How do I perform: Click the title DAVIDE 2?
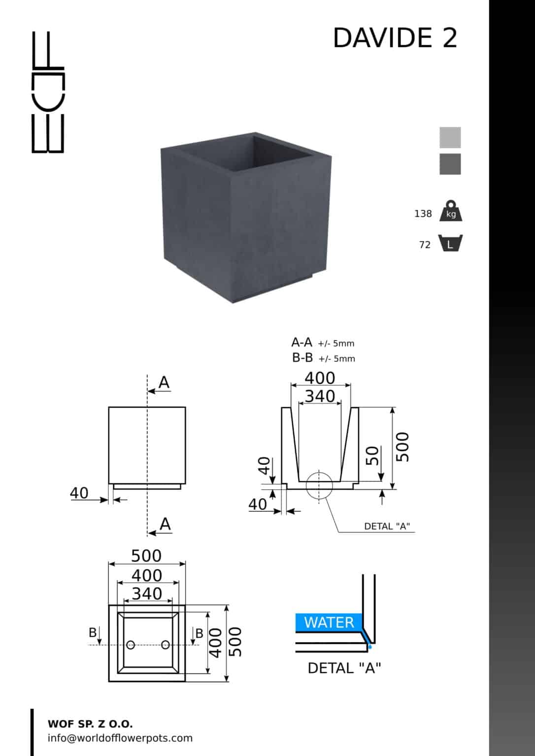pyautogui.click(x=395, y=38)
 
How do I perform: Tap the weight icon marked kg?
pyautogui.click(x=451, y=211)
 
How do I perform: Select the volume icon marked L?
pyautogui.click(x=450, y=243)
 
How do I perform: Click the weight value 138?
pyautogui.click(x=423, y=214)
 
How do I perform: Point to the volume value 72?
pyautogui.click(x=425, y=245)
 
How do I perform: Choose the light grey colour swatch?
pyautogui.click(x=450, y=137)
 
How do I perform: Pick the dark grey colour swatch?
pyautogui.click(x=450, y=164)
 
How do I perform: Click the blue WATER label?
pyautogui.click(x=329, y=622)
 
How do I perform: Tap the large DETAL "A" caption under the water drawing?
pyautogui.click(x=344, y=668)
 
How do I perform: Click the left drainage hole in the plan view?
pyautogui.click(x=131, y=645)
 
